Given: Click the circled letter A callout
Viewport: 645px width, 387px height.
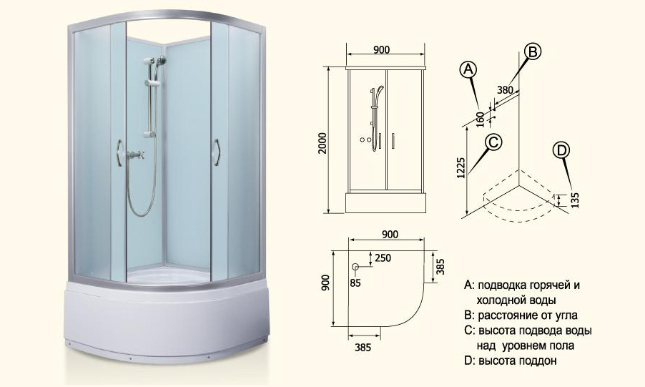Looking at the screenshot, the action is pos(468,69).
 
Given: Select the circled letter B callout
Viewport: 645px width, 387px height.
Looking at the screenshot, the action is pos(532,52).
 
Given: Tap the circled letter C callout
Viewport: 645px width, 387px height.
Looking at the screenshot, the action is pos(493,142).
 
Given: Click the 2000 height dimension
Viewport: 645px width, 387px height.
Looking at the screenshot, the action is pos(323,143).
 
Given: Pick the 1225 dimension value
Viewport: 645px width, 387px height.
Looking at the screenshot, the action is pos(461,167).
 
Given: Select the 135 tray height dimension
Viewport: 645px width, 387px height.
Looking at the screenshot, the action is pos(575,200).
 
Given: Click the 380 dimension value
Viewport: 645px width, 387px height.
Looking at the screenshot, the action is pos(505,89).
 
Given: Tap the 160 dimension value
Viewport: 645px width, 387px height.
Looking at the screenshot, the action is pos(481,119).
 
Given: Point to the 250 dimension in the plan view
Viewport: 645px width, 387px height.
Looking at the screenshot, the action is pos(383,258).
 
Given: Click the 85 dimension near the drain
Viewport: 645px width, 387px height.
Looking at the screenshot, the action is pos(355,283).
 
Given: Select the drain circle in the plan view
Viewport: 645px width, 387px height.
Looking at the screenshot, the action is pos(355,267).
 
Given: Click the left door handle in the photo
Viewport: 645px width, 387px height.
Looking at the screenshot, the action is pos(119,153).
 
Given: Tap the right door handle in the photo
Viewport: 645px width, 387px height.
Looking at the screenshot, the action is pos(217,153).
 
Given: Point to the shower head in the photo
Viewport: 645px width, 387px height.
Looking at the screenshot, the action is pos(162,60).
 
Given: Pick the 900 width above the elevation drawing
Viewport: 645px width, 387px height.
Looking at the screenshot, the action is pos(381,49).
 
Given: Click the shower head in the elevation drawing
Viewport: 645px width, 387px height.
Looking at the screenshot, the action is pos(380,89).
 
